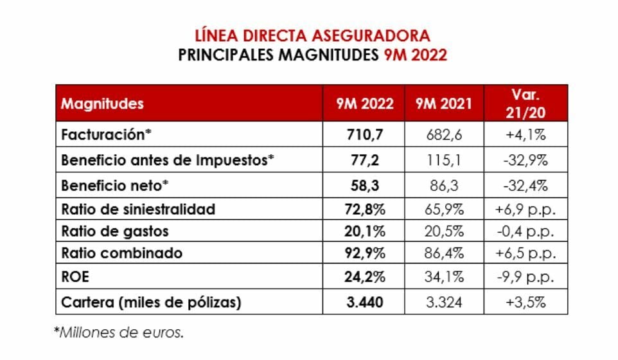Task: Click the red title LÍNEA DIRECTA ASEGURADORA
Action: (312, 35)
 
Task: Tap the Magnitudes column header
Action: (103, 104)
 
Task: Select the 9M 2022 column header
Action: (364, 104)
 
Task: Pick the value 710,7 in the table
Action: (364, 136)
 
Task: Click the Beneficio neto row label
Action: (115, 186)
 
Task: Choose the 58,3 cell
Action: (364, 186)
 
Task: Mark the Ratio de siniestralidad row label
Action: (138, 210)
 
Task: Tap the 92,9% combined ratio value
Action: (364, 253)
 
